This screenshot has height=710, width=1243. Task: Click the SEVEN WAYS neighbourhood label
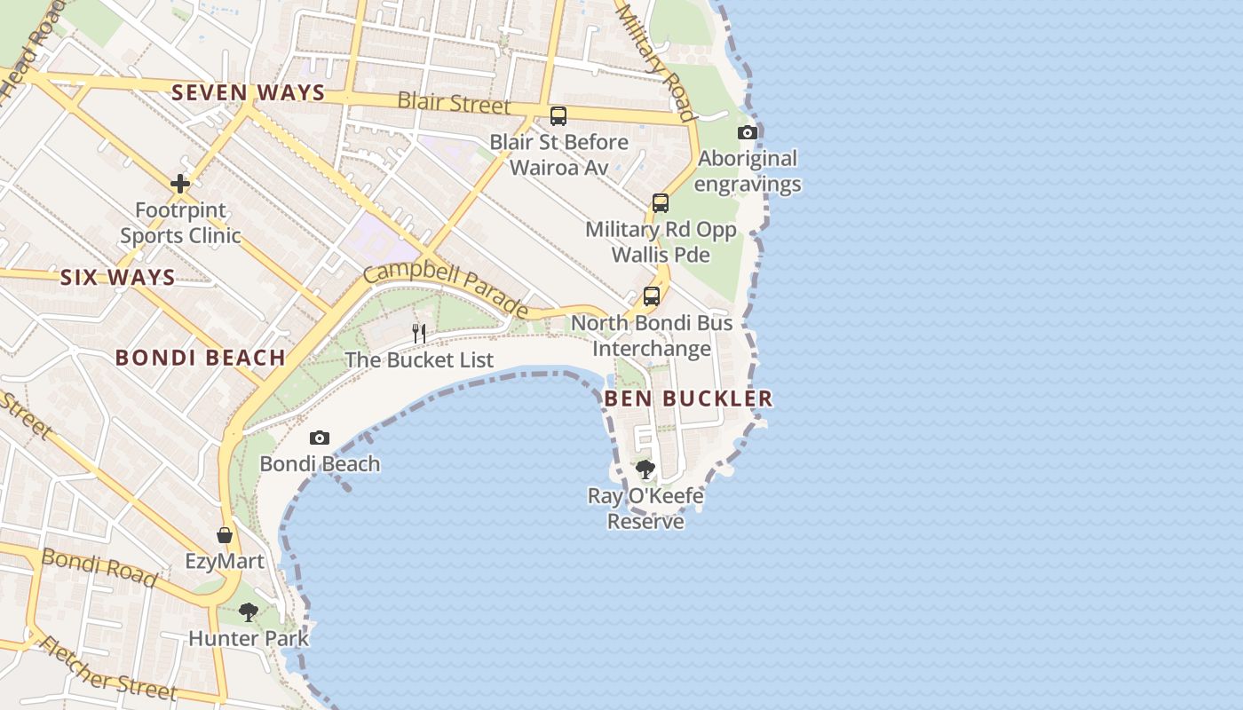tap(249, 92)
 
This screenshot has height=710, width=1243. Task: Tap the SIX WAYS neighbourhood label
tap(118, 278)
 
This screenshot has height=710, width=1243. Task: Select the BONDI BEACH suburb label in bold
tap(201, 358)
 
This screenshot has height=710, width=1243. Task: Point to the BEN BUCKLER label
tap(688, 398)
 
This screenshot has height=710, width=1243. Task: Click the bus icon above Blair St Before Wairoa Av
tap(558, 115)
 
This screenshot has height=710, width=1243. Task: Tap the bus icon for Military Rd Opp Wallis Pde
tap(661, 203)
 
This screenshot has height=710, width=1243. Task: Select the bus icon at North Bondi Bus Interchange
tap(652, 296)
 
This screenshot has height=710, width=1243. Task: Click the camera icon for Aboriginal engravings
tap(748, 133)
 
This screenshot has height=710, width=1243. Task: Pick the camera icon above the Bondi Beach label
tap(320, 438)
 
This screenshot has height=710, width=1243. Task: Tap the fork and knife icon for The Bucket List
tap(419, 334)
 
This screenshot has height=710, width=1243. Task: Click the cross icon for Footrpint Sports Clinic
tap(180, 184)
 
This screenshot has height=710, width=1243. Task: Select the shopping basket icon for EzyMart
tap(225, 535)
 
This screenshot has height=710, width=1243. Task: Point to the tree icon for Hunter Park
tap(249, 611)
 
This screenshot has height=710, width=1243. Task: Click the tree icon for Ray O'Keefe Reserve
tap(645, 469)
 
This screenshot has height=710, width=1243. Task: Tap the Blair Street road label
tap(455, 103)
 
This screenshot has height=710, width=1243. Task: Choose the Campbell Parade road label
tap(447, 288)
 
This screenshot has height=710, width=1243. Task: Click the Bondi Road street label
tap(99, 567)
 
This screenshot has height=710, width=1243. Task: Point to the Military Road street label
tap(655, 59)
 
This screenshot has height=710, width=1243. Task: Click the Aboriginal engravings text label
tap(748, 171)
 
